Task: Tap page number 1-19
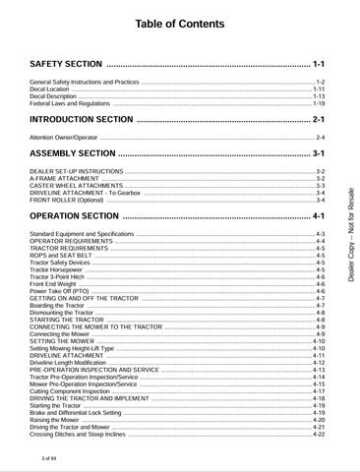tap(319, 102)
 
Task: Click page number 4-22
tap(319, 434)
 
